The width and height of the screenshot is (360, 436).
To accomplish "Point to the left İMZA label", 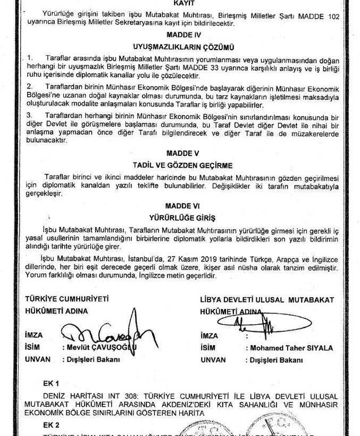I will click(x=35, y=336).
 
